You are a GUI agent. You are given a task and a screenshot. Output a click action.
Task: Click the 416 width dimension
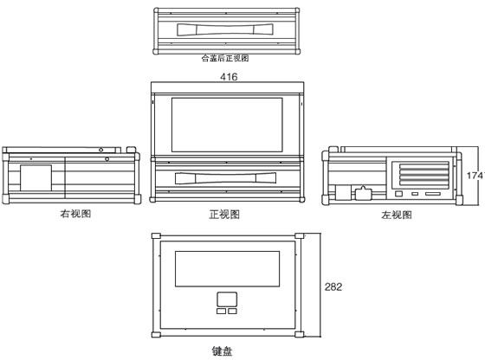[229, 77]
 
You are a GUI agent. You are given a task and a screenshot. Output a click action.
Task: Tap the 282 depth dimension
[333, 286]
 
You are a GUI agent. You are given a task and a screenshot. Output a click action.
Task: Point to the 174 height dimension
[475, 176]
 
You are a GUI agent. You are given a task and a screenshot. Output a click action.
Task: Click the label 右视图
[75, 214]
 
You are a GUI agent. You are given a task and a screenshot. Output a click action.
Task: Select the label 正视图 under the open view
[224, 214]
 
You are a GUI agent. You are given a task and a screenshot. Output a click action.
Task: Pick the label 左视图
[397, 215]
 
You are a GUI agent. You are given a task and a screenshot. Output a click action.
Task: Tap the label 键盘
[222, 351]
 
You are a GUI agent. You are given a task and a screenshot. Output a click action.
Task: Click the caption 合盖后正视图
[225, 58]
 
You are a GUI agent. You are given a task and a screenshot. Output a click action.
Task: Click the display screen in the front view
[227, 125]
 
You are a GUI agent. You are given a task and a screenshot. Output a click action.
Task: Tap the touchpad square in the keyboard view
[227, 299]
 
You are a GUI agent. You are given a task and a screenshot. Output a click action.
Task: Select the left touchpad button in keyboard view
[221, 311]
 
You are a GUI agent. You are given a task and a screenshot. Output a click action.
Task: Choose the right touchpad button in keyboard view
[232, 311]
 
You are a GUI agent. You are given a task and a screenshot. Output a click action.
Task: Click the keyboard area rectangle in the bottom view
[227, 269]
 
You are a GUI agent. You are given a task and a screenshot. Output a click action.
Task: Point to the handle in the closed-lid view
[225, 29]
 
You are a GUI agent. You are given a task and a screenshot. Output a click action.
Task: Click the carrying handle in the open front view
[225, 178]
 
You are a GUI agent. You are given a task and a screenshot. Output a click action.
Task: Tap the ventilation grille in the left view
[424, 176]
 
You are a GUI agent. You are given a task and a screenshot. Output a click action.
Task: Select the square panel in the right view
[36, 177]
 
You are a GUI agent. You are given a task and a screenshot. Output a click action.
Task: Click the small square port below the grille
[399, 194]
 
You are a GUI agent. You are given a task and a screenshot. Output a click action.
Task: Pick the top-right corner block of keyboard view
[300, 236]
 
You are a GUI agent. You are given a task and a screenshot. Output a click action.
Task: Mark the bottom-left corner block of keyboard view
[156, 335]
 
